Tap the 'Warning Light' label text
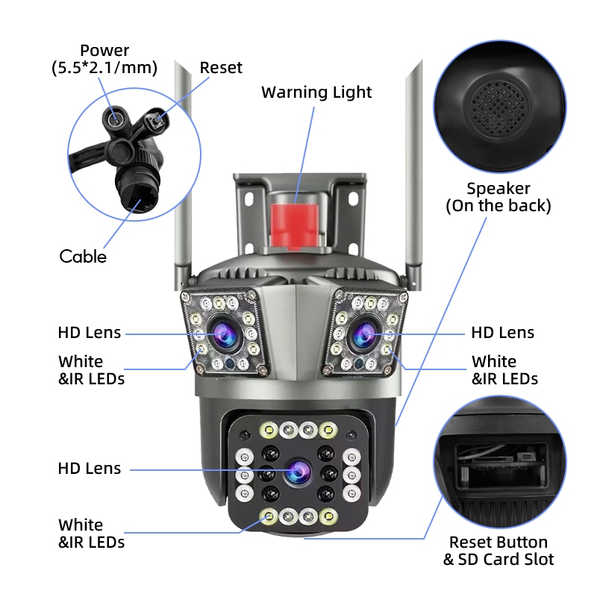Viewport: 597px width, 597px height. pyautogui.click(x=316, y=93)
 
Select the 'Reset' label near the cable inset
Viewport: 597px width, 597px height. pyautogui.click(x=221, y=68)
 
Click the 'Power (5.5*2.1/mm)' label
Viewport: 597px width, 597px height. pyautogui.click(x=104, y=60)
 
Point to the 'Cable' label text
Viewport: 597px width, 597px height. pyautogui.click(x=83, y=257)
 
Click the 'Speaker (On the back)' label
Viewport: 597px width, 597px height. pyautogui.click(x=498, y=197)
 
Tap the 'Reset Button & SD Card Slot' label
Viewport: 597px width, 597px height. pyautogui.click(x=498, y=551)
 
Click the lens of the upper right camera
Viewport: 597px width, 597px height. pyautogui.click(x=363, y=334)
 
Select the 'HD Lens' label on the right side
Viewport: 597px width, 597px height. pyautogui.click(x=502, y=333)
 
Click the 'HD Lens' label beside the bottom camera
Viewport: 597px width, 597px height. pyautogui.click(x=89, y=469)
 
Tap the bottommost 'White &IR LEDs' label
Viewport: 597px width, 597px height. pyautogui.click(x=91, y=534)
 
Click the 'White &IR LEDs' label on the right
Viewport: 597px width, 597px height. pyautogui.click(x=504, y=370)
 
